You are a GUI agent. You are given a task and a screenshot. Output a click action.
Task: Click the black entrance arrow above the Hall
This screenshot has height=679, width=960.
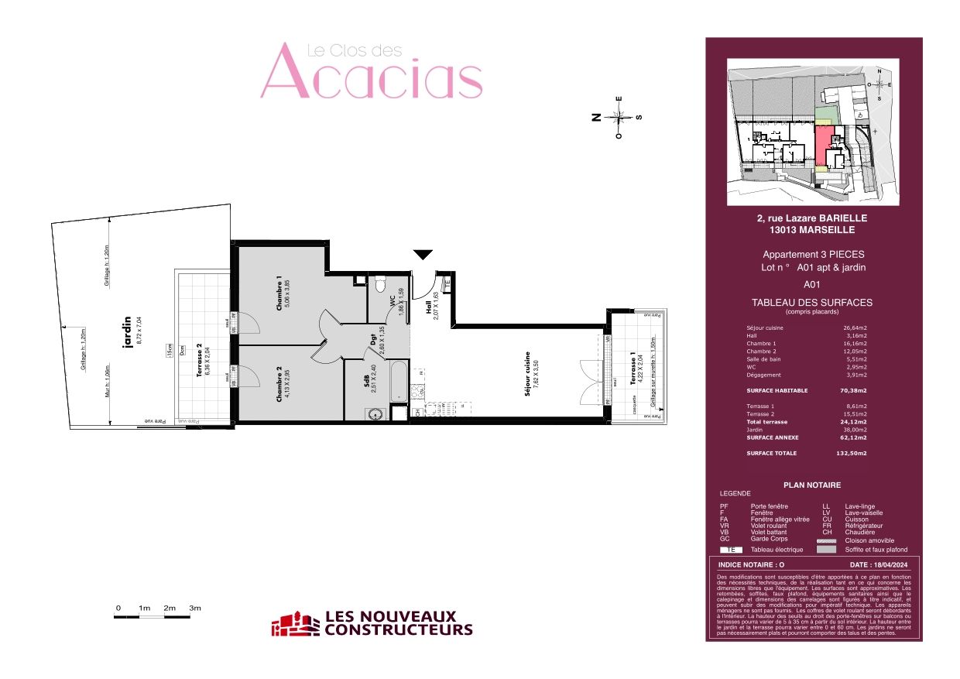pyautogui.click(x=423, y=255)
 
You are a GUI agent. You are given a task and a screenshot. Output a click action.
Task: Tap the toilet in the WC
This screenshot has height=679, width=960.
pyautogui.click(x=379, y=286)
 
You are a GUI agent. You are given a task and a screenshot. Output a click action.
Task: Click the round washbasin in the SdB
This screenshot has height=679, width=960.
pyautogui.click(x=377, y=413)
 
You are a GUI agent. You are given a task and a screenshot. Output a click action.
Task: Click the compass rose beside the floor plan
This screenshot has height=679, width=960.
pyautogui.click(x=619, y=118)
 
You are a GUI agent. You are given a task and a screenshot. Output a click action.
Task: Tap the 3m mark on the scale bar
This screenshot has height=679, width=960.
pyautogui.click(x=194, y=609)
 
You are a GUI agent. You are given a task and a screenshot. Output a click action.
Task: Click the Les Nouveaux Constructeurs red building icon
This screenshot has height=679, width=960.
pyautogui.click(x=294, y=623)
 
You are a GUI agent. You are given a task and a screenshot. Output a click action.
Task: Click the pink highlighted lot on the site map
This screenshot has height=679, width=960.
pyautogui.click(x=821, y=145)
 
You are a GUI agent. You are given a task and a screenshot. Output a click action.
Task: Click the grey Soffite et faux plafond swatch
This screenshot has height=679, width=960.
pyautogui.click(x=827, y=550)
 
